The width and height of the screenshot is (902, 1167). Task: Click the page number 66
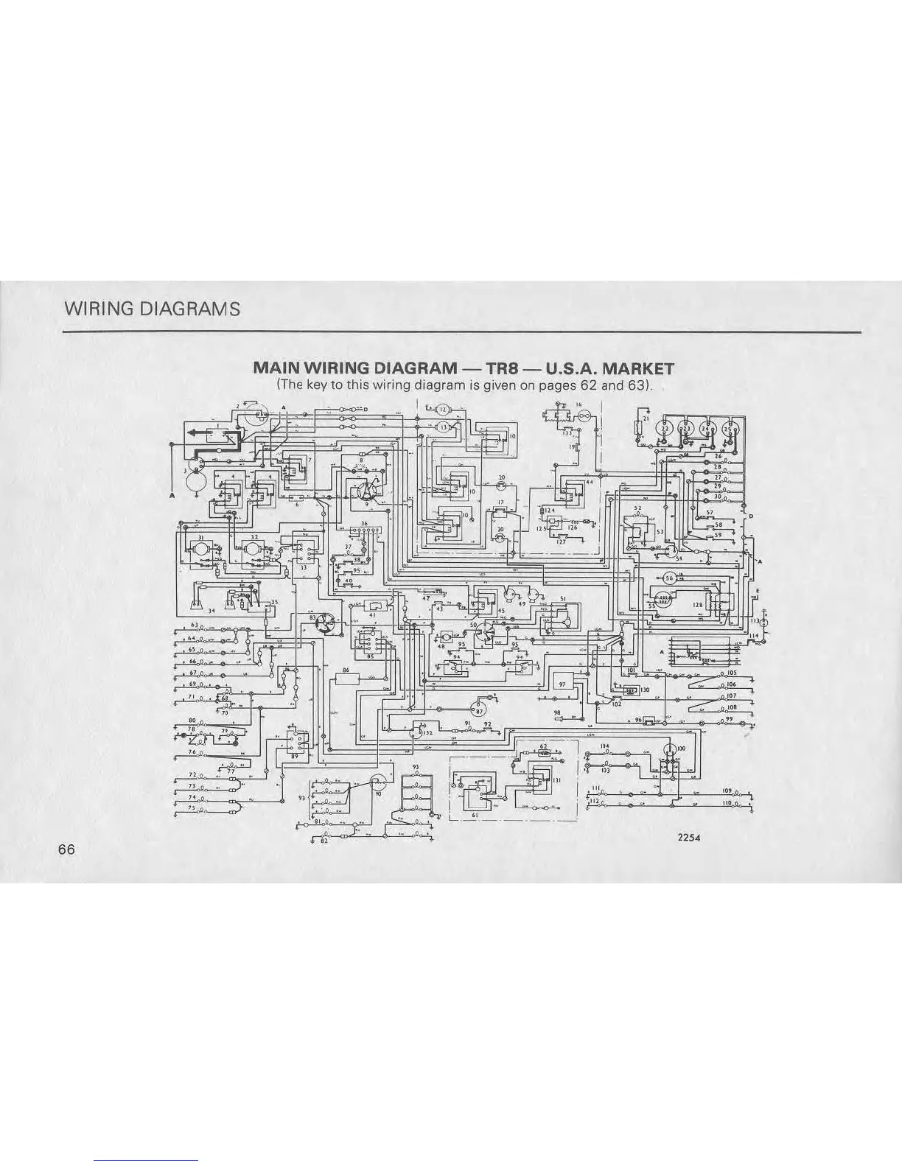tap(66, 849)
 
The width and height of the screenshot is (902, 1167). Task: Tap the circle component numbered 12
tap(444, 410)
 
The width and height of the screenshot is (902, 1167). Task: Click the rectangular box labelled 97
tap(562, 684)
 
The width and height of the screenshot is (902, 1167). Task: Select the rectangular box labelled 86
tap(346, 679)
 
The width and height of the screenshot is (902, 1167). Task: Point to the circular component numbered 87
tap(480, 711)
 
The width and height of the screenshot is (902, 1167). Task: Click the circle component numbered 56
tap(670, 577)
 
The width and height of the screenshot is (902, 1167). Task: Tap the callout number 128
tap(696, 605)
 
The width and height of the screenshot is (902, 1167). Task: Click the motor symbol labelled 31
tap(200, 549)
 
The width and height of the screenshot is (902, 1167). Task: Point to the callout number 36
tap(364, 523)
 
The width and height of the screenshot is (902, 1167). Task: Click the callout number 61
tap(476, 815)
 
